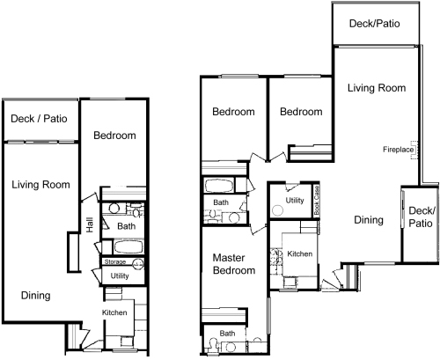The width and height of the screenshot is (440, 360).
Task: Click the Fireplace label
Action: click(398, 150)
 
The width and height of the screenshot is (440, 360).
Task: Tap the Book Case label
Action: click(317, 200)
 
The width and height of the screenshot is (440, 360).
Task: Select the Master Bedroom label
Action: click(234, 264)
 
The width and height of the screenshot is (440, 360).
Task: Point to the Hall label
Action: click(90, 224)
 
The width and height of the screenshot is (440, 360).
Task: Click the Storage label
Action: click(115, 261)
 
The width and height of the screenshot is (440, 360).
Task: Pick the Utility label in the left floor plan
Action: click(120, 276)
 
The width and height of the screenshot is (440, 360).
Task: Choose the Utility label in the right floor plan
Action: click(295, 201)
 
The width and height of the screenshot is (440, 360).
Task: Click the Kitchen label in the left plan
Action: click(114, 312)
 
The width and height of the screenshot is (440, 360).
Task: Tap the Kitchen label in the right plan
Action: click(299, 253)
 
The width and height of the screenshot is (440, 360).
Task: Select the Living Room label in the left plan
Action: click(40, 185)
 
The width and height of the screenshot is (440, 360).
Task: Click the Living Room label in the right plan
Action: click(377, 88)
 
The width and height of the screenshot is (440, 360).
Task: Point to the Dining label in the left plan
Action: click(35, 296)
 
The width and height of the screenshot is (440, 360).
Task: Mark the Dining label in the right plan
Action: click(369, 220)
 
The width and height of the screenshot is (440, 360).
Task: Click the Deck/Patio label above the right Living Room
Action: click(375, 24)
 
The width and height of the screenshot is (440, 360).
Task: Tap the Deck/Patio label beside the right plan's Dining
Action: click(421, 217)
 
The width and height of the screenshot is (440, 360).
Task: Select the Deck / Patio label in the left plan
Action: click(39, 119)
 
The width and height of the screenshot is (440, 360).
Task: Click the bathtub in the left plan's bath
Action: click(128, 246)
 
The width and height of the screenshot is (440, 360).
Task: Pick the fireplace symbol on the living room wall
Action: click(414, 150)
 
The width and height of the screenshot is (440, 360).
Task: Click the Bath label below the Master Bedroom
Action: click(227, 334)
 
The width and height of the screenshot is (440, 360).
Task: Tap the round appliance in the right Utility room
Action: click(277, 210)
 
